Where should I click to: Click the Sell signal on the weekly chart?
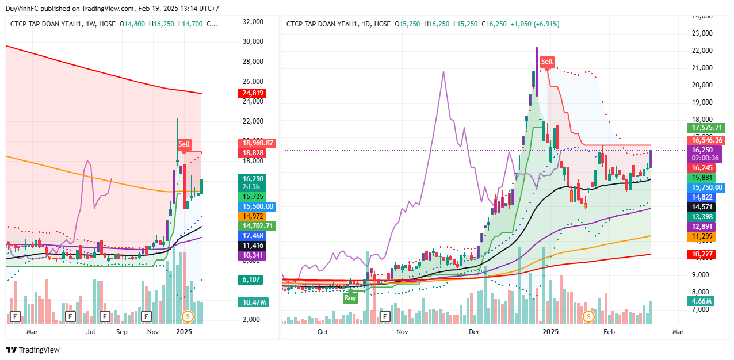[183, 144]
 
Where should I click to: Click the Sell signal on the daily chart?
[546, 62]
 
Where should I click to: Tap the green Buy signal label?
[350, 297]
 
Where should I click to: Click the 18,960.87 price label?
[257, 143]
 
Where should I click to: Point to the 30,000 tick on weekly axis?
[254, 41]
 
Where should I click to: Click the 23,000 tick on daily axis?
[703, 33]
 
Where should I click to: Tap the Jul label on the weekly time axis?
[91, 332]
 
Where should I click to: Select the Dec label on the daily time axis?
[475, 332]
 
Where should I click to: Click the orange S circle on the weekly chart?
[186, 316]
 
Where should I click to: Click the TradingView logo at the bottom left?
[33, 350]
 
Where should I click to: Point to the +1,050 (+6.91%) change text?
[535, 24]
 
